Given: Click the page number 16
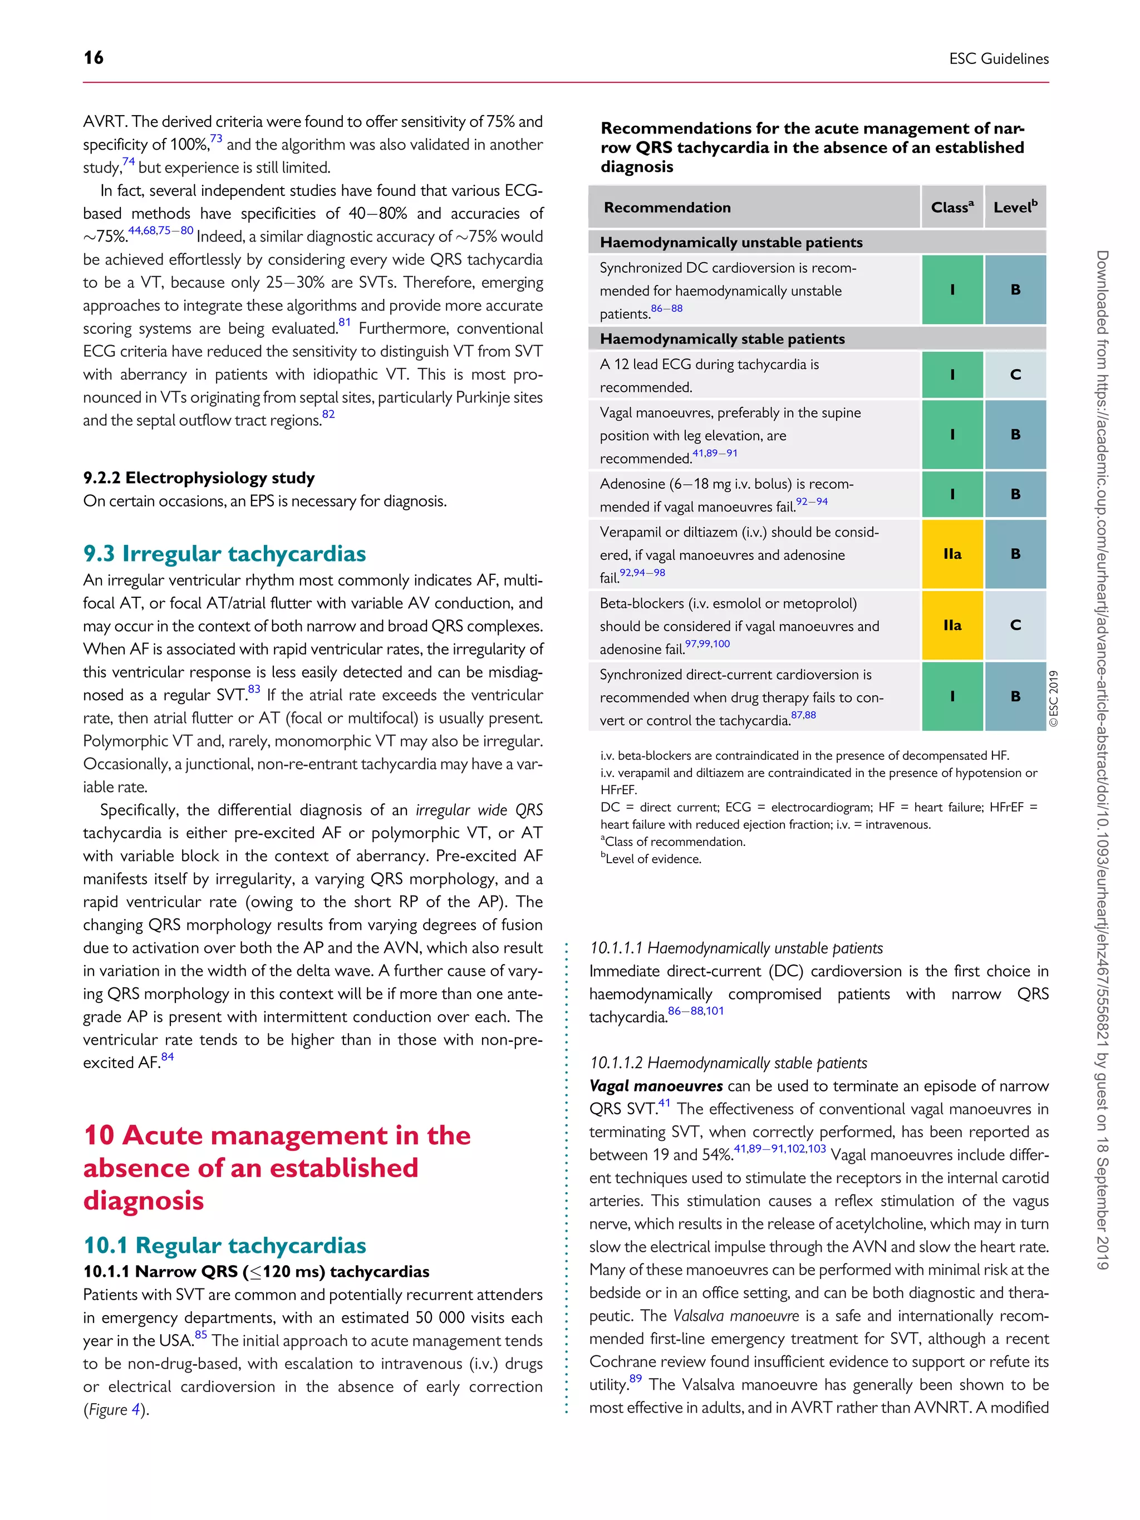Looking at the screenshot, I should point(94,58).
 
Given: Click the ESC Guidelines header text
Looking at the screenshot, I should point(999,59).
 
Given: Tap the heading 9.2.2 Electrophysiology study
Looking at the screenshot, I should point(199,478).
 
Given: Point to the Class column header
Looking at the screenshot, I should point(952,207).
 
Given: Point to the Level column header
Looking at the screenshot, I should point(1015,207).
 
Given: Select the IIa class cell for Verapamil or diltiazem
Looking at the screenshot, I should point(952,554).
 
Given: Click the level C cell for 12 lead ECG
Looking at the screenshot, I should point(1015,375).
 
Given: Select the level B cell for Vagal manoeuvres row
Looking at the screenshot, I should point(1015,434).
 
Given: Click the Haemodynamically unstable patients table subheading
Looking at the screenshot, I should point(730,243).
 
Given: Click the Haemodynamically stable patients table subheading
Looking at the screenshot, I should point(721,339).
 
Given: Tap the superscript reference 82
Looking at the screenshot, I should point(328,414).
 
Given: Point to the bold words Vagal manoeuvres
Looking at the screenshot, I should point(656,1086).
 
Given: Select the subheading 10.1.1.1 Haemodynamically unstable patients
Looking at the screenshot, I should point(735,948).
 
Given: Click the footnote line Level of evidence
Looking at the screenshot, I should point(652,859).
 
